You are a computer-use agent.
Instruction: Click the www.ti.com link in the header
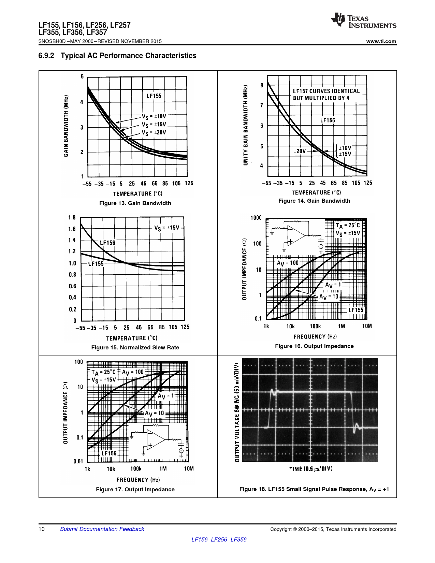(381, 41)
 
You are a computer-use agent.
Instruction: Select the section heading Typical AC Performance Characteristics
(128, 56)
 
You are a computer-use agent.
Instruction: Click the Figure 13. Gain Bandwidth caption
(135, 203)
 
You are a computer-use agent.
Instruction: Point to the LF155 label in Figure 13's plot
(154, 96)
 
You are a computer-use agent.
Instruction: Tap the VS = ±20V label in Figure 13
(154, 133)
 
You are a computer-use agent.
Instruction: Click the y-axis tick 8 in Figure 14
(262, 85)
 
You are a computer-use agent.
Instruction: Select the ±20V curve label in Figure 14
(300, 151)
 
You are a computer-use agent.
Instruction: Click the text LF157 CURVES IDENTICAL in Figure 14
(326, 91)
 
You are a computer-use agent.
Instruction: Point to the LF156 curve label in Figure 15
(107, 243)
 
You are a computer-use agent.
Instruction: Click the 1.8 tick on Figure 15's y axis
(72, 218)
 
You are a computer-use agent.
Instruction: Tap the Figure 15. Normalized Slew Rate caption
(135, 348)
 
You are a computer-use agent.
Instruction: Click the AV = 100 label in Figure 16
(287, 263)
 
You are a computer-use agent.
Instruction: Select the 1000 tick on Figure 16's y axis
(256, 218)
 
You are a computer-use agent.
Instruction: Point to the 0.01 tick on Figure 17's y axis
(78, 461)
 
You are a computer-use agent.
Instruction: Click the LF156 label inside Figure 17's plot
(109, 453)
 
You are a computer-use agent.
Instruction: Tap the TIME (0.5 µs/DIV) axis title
(310, 469)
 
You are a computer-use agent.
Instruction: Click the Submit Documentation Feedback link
(102, 529)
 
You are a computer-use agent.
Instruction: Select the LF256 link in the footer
(219, 540)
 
